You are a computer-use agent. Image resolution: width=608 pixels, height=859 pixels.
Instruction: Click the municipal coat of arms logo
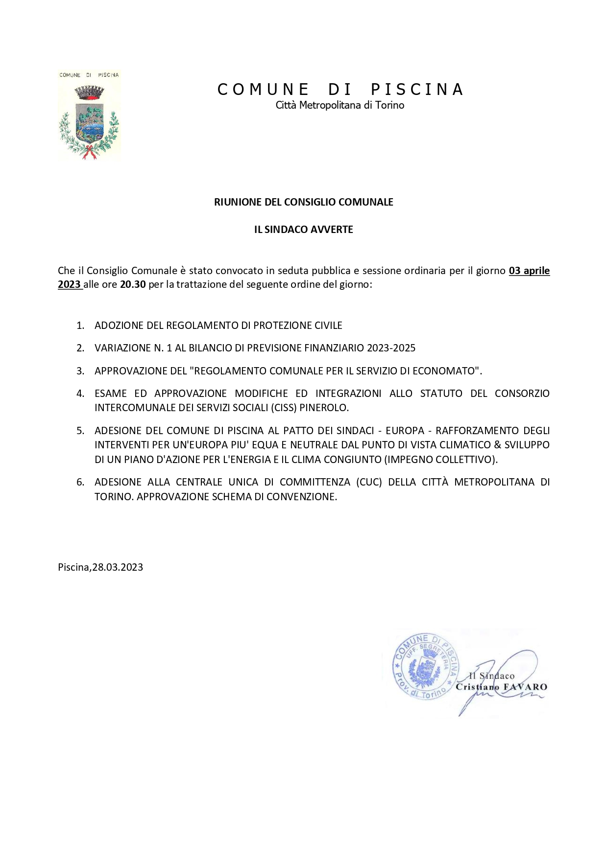[89, 116]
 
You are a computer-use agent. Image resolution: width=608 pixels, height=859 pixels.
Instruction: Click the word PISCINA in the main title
[417, 90]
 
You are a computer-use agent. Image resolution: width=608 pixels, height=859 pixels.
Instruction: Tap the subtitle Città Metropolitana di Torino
[340, 105]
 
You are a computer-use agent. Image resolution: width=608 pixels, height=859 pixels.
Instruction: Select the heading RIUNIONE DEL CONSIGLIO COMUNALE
[303, 202]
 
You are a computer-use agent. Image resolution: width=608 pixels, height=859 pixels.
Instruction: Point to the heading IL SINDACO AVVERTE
[303, 230]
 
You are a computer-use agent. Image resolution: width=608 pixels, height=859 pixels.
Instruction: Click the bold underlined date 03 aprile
[529, 271]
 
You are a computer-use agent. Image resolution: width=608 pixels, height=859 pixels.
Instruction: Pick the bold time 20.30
[133, 284]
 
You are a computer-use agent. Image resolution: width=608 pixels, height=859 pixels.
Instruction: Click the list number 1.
[80, 326]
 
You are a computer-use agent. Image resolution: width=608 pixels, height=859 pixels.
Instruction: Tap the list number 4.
[80, 394]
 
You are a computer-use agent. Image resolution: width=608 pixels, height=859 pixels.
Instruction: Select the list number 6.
[80, 483]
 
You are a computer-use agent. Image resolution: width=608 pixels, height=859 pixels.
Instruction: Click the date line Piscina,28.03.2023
[100, 567]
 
